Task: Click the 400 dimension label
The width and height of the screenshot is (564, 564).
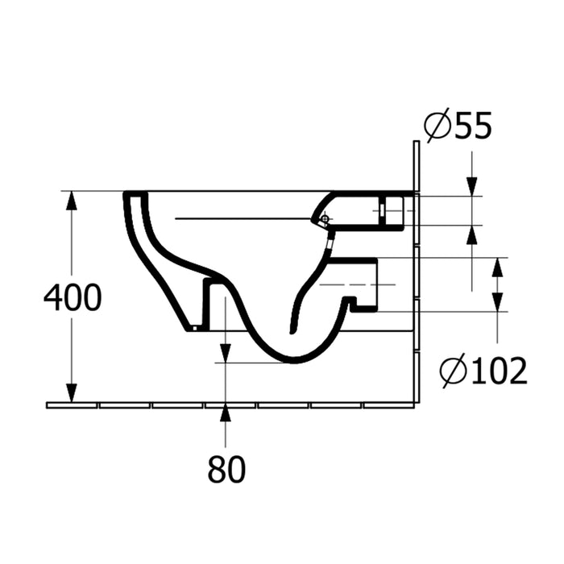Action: point(73,297)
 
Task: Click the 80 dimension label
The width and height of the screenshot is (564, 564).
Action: point(226,469)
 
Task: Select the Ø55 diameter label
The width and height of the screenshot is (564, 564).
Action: point(458,126)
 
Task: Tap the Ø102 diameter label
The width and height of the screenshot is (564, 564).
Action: point(483,371)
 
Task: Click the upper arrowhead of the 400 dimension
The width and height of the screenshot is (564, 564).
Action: point(72,200)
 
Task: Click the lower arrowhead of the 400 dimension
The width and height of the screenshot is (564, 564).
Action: point(72,393)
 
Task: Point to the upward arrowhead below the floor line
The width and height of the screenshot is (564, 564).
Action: point(226,413)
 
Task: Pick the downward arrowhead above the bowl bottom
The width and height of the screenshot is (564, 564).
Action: point(226,353)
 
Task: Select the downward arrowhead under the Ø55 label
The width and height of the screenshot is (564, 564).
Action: point(472,187)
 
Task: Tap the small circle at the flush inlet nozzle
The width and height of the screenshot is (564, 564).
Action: point(326,218)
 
